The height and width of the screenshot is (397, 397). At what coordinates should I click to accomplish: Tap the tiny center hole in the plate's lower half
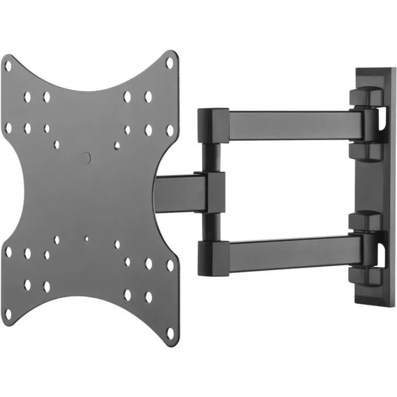pyautogui.click(x=86, y=239)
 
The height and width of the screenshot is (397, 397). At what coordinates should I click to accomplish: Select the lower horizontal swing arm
pyautogui.click(x=295, y=249)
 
